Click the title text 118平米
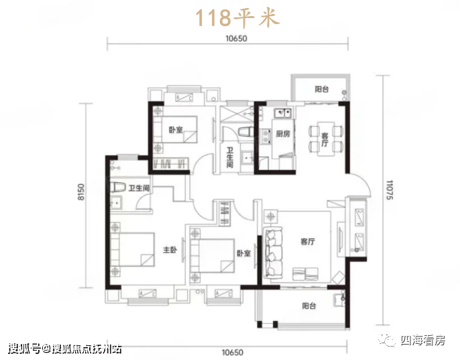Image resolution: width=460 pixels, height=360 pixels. [x=237, y=17]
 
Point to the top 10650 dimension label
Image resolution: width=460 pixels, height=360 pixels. [x=236, y=38]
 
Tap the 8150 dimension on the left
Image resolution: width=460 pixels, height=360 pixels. [x=81, y=192]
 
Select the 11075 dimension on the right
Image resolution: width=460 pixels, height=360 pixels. [x=390, y=190]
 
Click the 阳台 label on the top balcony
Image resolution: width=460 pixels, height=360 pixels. [x=322, y=89]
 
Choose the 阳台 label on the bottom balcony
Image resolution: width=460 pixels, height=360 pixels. [x=309, y=306]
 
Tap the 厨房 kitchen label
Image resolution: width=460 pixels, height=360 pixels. [x=282, y=134]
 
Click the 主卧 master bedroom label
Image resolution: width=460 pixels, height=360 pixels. [x=170, y=249]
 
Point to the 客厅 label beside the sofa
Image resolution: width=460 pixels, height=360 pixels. [x=307, y=241]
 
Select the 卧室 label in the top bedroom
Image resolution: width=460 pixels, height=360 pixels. [x=176, y=129]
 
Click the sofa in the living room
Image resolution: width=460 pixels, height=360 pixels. [x=273, y=252]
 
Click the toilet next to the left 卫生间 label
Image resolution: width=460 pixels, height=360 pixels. [x=118, y=187]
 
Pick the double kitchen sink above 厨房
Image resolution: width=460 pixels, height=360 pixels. [x=282, y=113]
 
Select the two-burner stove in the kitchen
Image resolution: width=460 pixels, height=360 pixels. [x=266, y=137]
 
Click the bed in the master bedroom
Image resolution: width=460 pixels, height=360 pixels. [x=133, y=249]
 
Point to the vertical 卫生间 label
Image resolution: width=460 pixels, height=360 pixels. [x=229, y=158]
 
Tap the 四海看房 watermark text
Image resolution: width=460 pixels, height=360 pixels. [x=422, y=341]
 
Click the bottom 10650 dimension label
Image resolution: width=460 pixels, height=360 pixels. [x=232, y=353]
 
